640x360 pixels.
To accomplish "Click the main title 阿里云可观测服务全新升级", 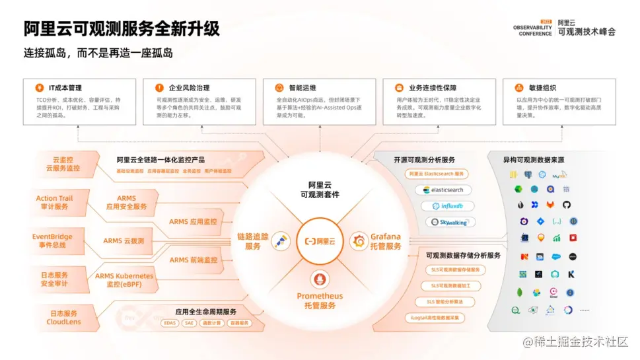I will coord(122,29).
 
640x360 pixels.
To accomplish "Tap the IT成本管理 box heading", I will coord(65,88).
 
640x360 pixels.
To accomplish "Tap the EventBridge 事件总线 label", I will coord(53,240).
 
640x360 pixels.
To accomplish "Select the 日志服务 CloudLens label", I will coord(63,318).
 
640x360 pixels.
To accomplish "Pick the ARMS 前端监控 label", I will coord(193,260).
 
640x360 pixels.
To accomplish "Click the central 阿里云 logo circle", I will coord(320,242).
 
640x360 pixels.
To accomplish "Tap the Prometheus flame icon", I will coord(320,277).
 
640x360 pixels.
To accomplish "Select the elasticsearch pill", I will coord(443,190).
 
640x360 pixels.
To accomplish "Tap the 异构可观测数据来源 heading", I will coord(533,160).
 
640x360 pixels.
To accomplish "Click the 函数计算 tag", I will coord(211,323).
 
